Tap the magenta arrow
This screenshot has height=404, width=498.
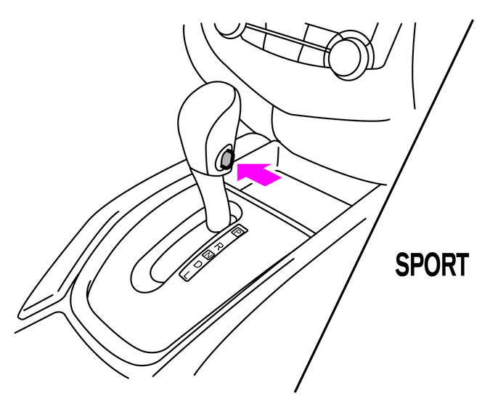coord(258,174)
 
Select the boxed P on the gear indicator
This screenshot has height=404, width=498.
coord(237,231)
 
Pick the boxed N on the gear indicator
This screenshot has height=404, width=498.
coord(208,254)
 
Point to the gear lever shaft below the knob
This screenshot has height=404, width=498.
coord(216,201)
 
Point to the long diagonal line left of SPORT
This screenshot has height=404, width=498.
coord(383,206)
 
